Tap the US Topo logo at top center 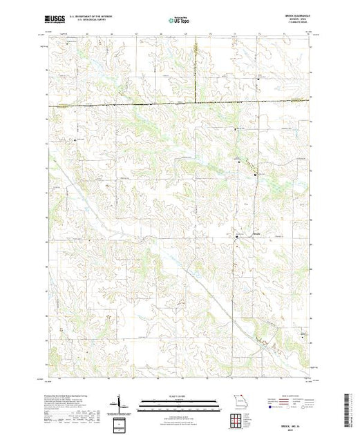(180, 21)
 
